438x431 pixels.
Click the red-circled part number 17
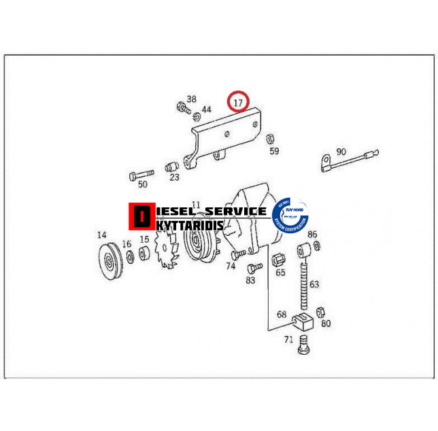[238, 103]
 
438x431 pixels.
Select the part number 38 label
[191, 99]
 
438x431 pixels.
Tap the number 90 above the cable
[341, 152]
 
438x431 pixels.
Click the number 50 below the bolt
[142, 184]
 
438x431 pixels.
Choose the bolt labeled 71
[303, 345]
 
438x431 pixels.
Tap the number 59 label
[274, 150]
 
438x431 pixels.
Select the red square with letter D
[141, 216]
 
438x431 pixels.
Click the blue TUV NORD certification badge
[290, 217]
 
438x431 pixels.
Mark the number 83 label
[250, 279]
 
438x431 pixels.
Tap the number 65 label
[280, 273]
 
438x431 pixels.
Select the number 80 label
[326, 323]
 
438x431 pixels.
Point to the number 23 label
[174, 177]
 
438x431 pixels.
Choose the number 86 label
[312, 235]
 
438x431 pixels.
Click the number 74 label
[231, 266]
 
